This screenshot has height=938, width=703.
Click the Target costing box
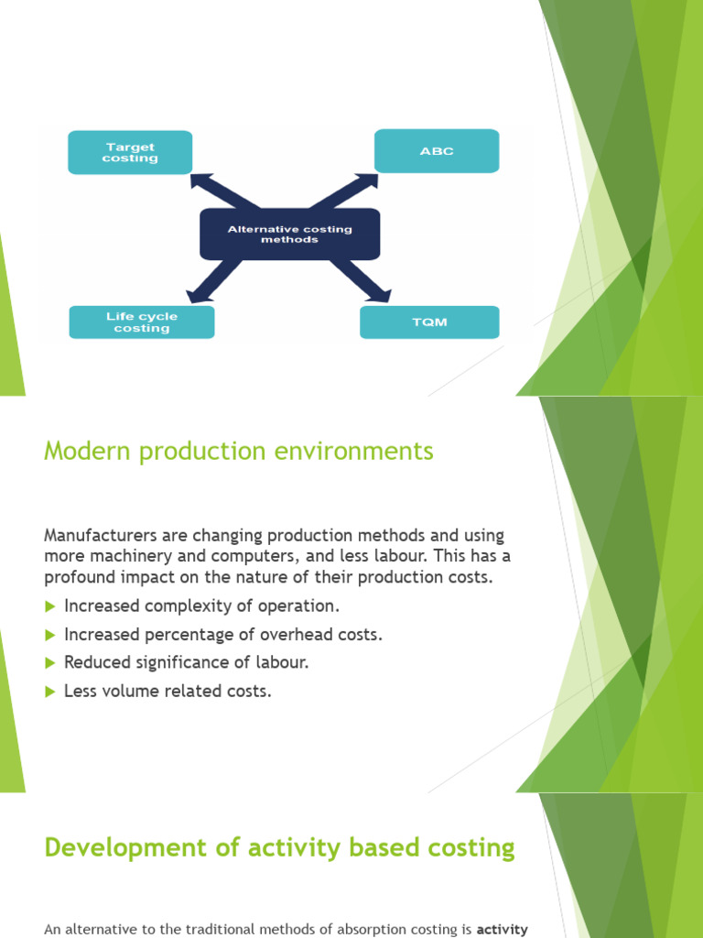pyautogui.click(x=130, y=152)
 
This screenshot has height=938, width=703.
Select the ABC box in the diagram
pyautogui.click(x=437, y=151)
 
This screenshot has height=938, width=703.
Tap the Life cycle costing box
pyautogui.click(x=141, y=322)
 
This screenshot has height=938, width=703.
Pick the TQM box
pyautogui.click(x=429, y=322)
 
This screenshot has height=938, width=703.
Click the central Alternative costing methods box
pyautogui.click(x=289, y=234)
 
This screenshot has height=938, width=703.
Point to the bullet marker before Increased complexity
pyautogui.click(x=50, y=606)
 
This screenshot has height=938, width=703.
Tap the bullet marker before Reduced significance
pyautogui.click(x=50, y=663)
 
